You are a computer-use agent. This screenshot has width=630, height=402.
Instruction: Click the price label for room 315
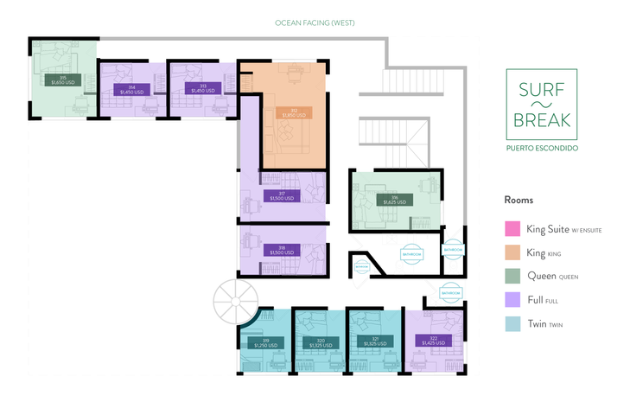pos(62,80)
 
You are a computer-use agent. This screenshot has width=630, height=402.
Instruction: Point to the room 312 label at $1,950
pos(293,112)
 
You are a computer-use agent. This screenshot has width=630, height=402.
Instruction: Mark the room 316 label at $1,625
pos(395,199)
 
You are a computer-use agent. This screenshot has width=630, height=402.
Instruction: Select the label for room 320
pos(320,342)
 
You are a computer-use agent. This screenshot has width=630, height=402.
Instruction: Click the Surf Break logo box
pos(543,104)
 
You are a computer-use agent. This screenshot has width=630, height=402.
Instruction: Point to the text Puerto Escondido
pos(543,148)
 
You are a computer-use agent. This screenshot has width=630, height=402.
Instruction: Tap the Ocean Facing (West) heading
pos(315,22)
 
